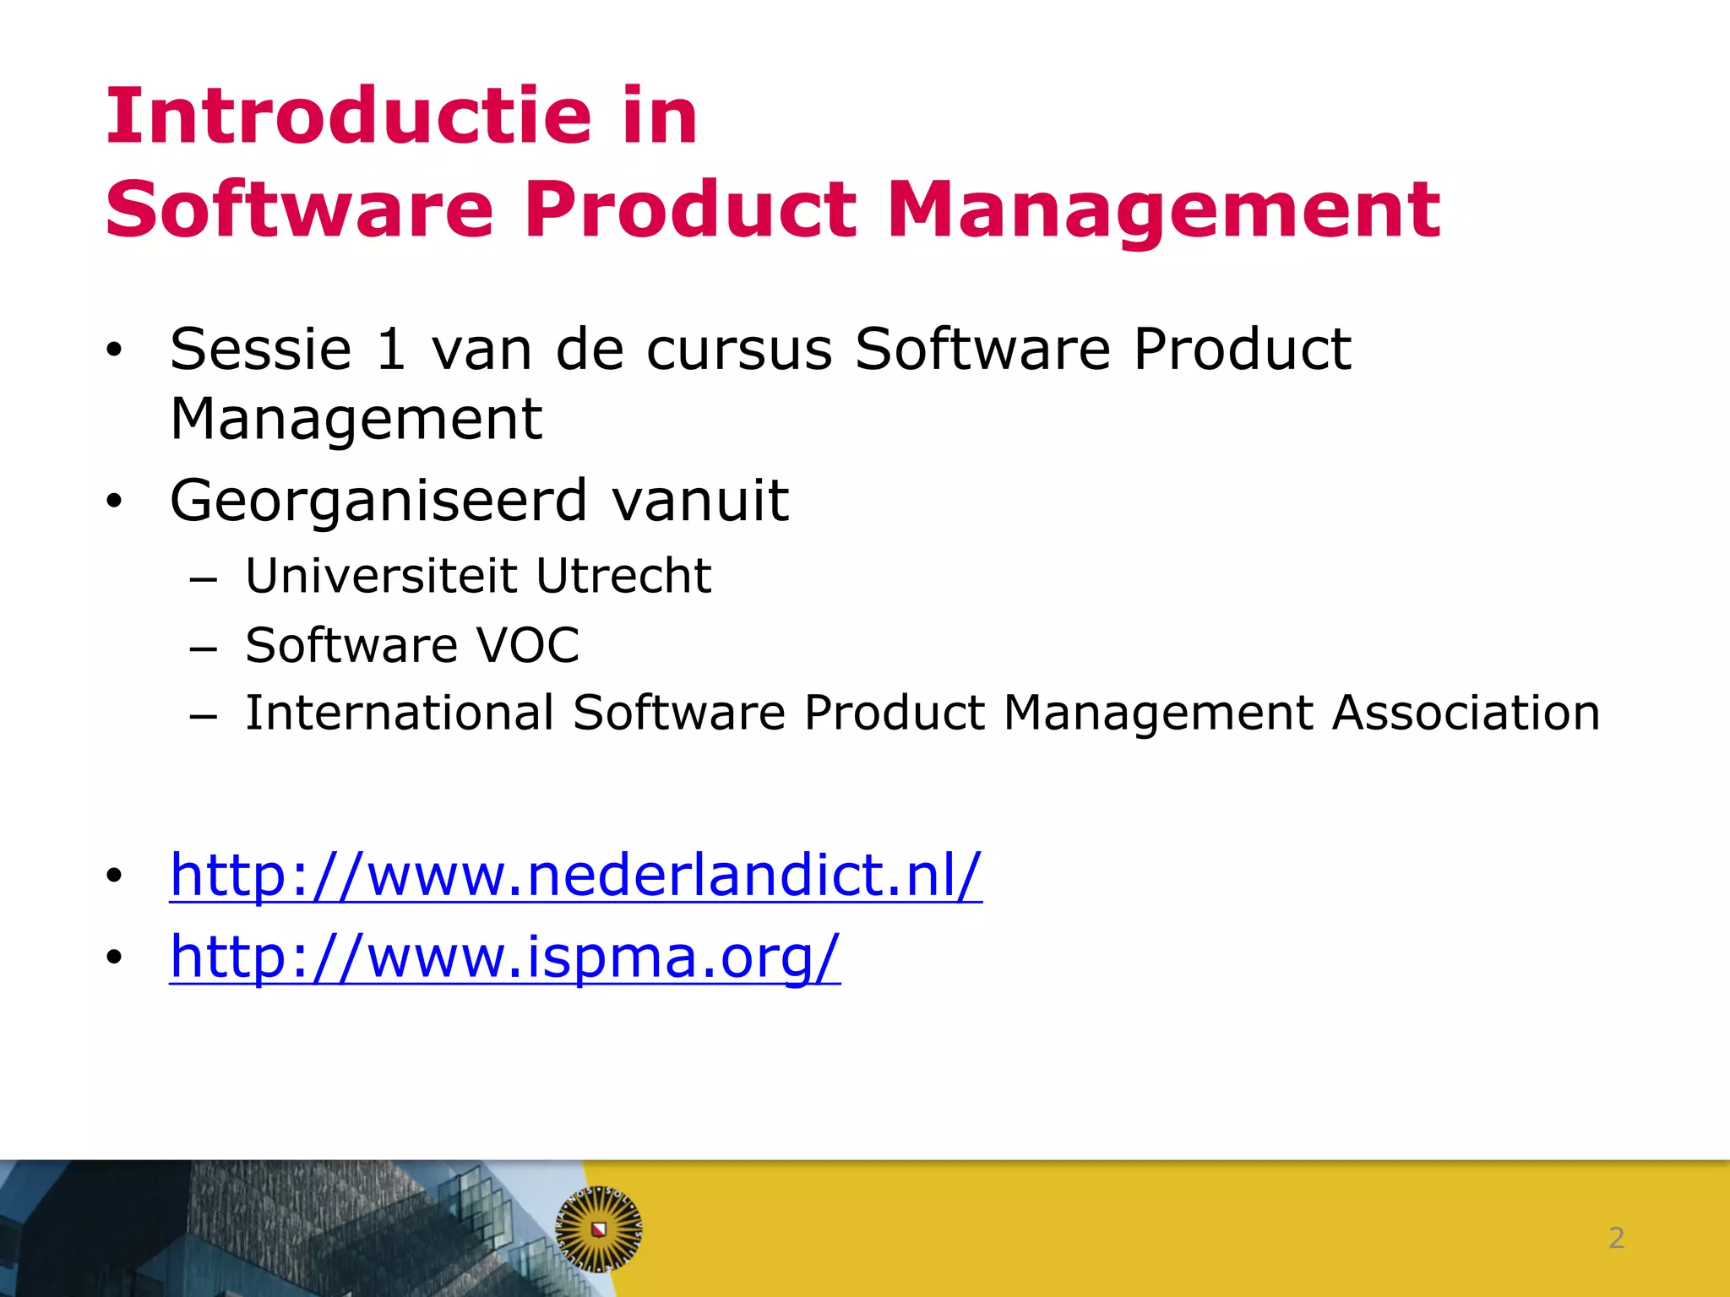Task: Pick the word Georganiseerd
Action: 378,502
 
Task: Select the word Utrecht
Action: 623,576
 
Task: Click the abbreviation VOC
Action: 528,645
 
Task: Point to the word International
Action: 400,713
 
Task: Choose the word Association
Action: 1466,713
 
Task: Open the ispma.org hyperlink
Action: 504,957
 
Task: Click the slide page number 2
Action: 1616,1238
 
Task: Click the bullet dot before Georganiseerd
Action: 114,502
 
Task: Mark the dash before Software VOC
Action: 204,648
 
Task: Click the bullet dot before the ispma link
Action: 114,958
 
